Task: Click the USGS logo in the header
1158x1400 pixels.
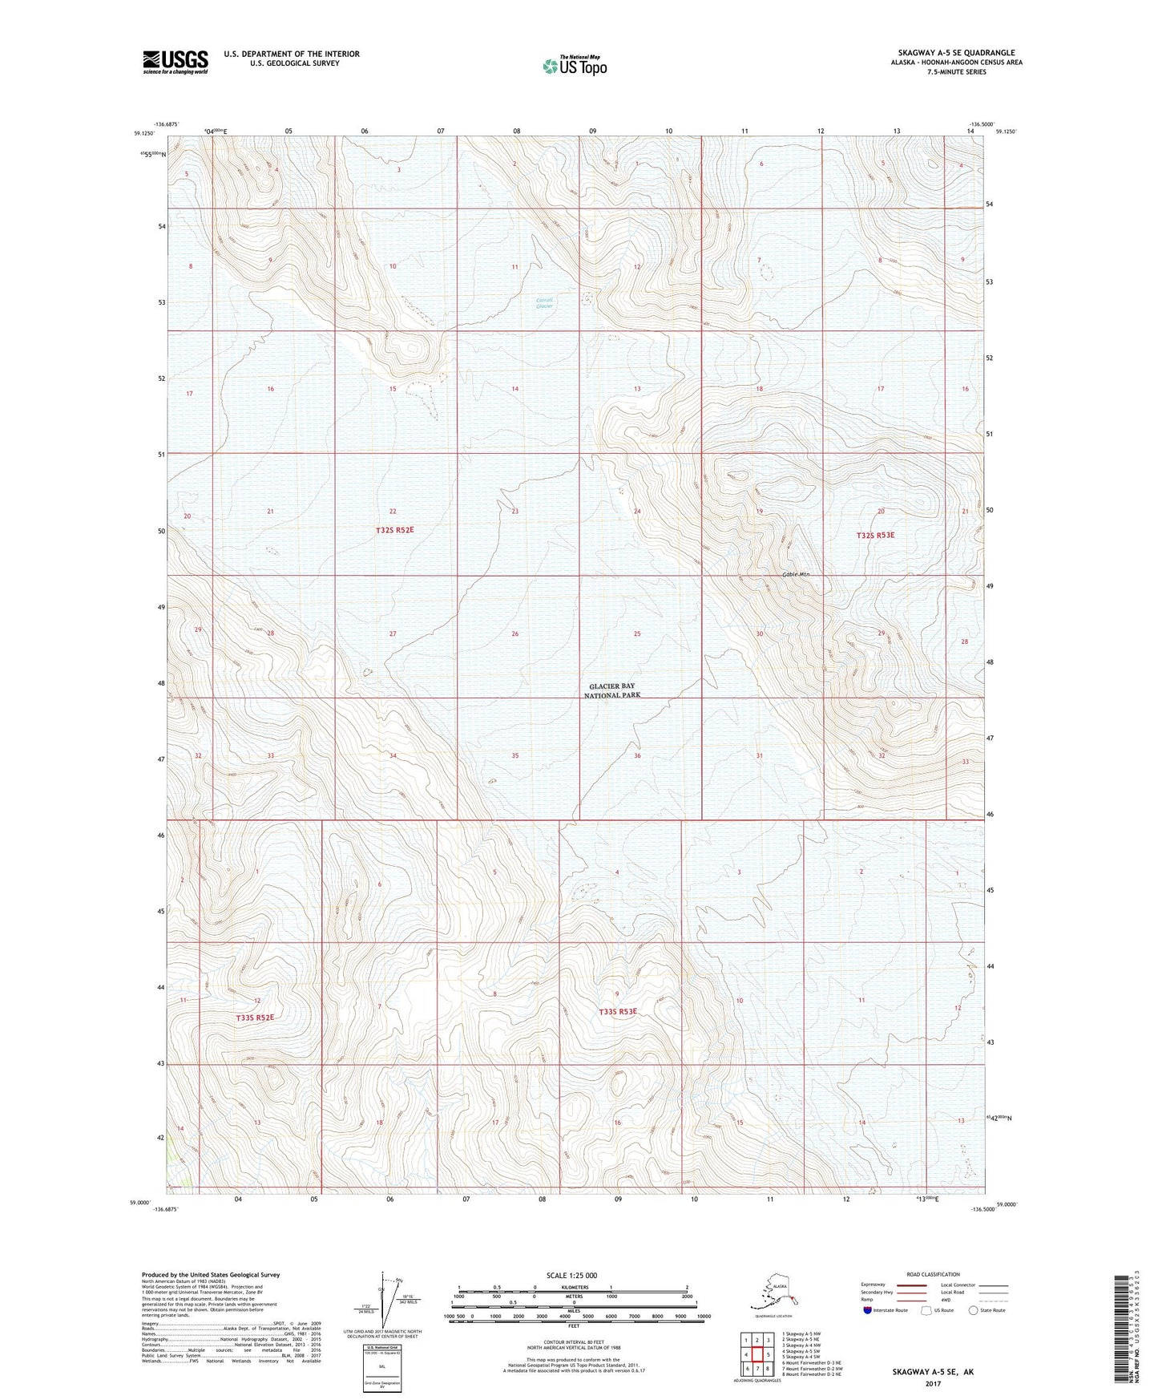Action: coord(175,62)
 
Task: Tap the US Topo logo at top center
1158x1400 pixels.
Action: coord(574,65)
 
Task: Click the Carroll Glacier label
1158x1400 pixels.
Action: coord(544,303)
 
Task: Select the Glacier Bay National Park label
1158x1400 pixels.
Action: coord(615,691)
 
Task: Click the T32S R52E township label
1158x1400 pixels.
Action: coord(394,530)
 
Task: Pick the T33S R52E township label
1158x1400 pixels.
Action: coord(255,1018)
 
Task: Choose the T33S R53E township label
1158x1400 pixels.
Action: coord(618,1012)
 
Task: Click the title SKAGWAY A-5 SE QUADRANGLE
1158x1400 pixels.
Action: coord(951,53)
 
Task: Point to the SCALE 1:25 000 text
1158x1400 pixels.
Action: coord(572,1275)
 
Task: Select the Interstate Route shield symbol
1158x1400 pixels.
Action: coord(868,1310)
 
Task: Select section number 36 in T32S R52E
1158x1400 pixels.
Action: coord(637,755)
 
